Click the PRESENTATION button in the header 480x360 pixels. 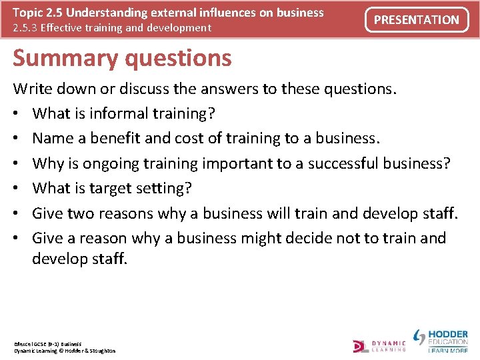pyautogui.click(x=417, y=20)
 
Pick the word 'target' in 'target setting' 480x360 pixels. pyautogui.click(x=107, y=188)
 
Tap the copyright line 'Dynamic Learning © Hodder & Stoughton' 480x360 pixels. pyautogui.click(x=65, y=351)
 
